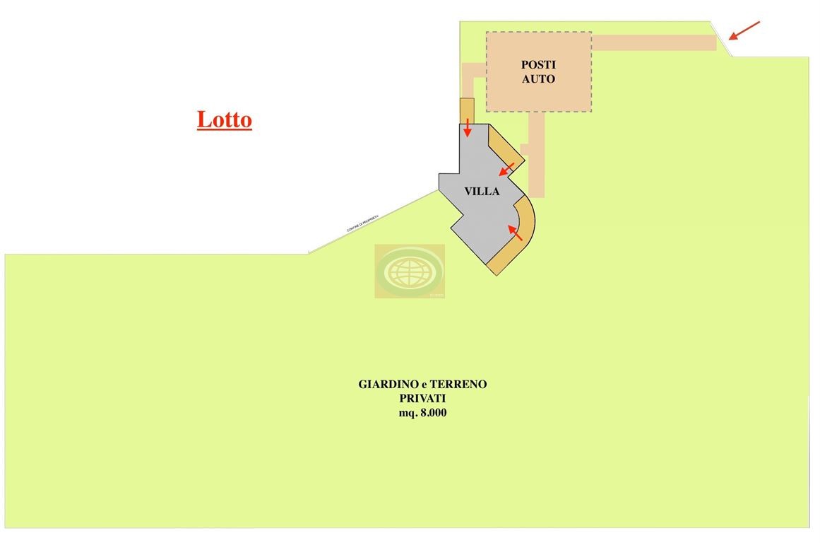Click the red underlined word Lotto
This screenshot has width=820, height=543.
[x=224, y=119]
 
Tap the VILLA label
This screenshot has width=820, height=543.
[x=482, y=191]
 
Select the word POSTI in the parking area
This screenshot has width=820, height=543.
[x=538, y=65]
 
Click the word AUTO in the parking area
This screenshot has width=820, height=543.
[x=538, y=79]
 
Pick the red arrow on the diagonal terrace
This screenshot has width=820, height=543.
[x=506, y=169]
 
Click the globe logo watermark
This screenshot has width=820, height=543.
[x=410, y=271]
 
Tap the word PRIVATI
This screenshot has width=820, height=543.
[x=422, y=399]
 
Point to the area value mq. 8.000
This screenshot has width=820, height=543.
[x=422, y=413]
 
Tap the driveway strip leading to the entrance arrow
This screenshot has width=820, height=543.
[x=653, y=43]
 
